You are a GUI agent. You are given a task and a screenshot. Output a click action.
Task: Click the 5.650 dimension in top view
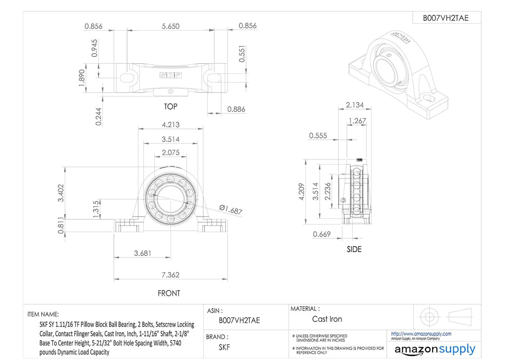pyautogui.click(x=170, y=26)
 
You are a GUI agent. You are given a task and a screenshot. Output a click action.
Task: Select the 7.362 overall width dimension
pyautogui.click(x=170, y=275)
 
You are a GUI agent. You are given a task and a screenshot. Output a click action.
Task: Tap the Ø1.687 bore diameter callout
pyautogui.click(x=231, y=210)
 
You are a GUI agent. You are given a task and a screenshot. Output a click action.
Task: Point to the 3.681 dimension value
pyautogui.click(x=143, y=253)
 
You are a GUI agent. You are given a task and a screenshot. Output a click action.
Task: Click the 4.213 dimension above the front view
pyautogui.click(x=170, y=125)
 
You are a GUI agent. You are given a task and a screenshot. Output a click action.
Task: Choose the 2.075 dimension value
pyautogui.click(x=170, y=152)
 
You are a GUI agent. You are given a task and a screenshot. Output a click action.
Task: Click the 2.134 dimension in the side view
pyautogui.click(x=354, y=105)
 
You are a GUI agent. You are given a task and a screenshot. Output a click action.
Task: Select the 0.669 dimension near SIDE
pyautogui.click(x=322, y=234)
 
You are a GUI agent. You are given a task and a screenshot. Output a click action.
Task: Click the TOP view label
pyautogui.click(x=170, y=107)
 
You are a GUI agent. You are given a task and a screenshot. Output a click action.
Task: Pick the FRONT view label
pyautogui.click(x=169, y=293)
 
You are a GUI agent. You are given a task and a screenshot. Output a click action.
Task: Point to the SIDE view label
pyautogui.click(x=354, y=249)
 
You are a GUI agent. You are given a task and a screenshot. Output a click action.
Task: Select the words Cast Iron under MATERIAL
pyautogui.click(x=327, y=319)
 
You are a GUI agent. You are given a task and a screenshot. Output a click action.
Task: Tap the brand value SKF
pyautogui.click(x=224, y=347)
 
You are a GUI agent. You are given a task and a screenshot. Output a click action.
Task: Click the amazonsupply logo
pyautogui.click(x=435, y=350)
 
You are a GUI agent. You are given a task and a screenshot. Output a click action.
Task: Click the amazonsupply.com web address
pyautogui.click(x=421, y=334)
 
